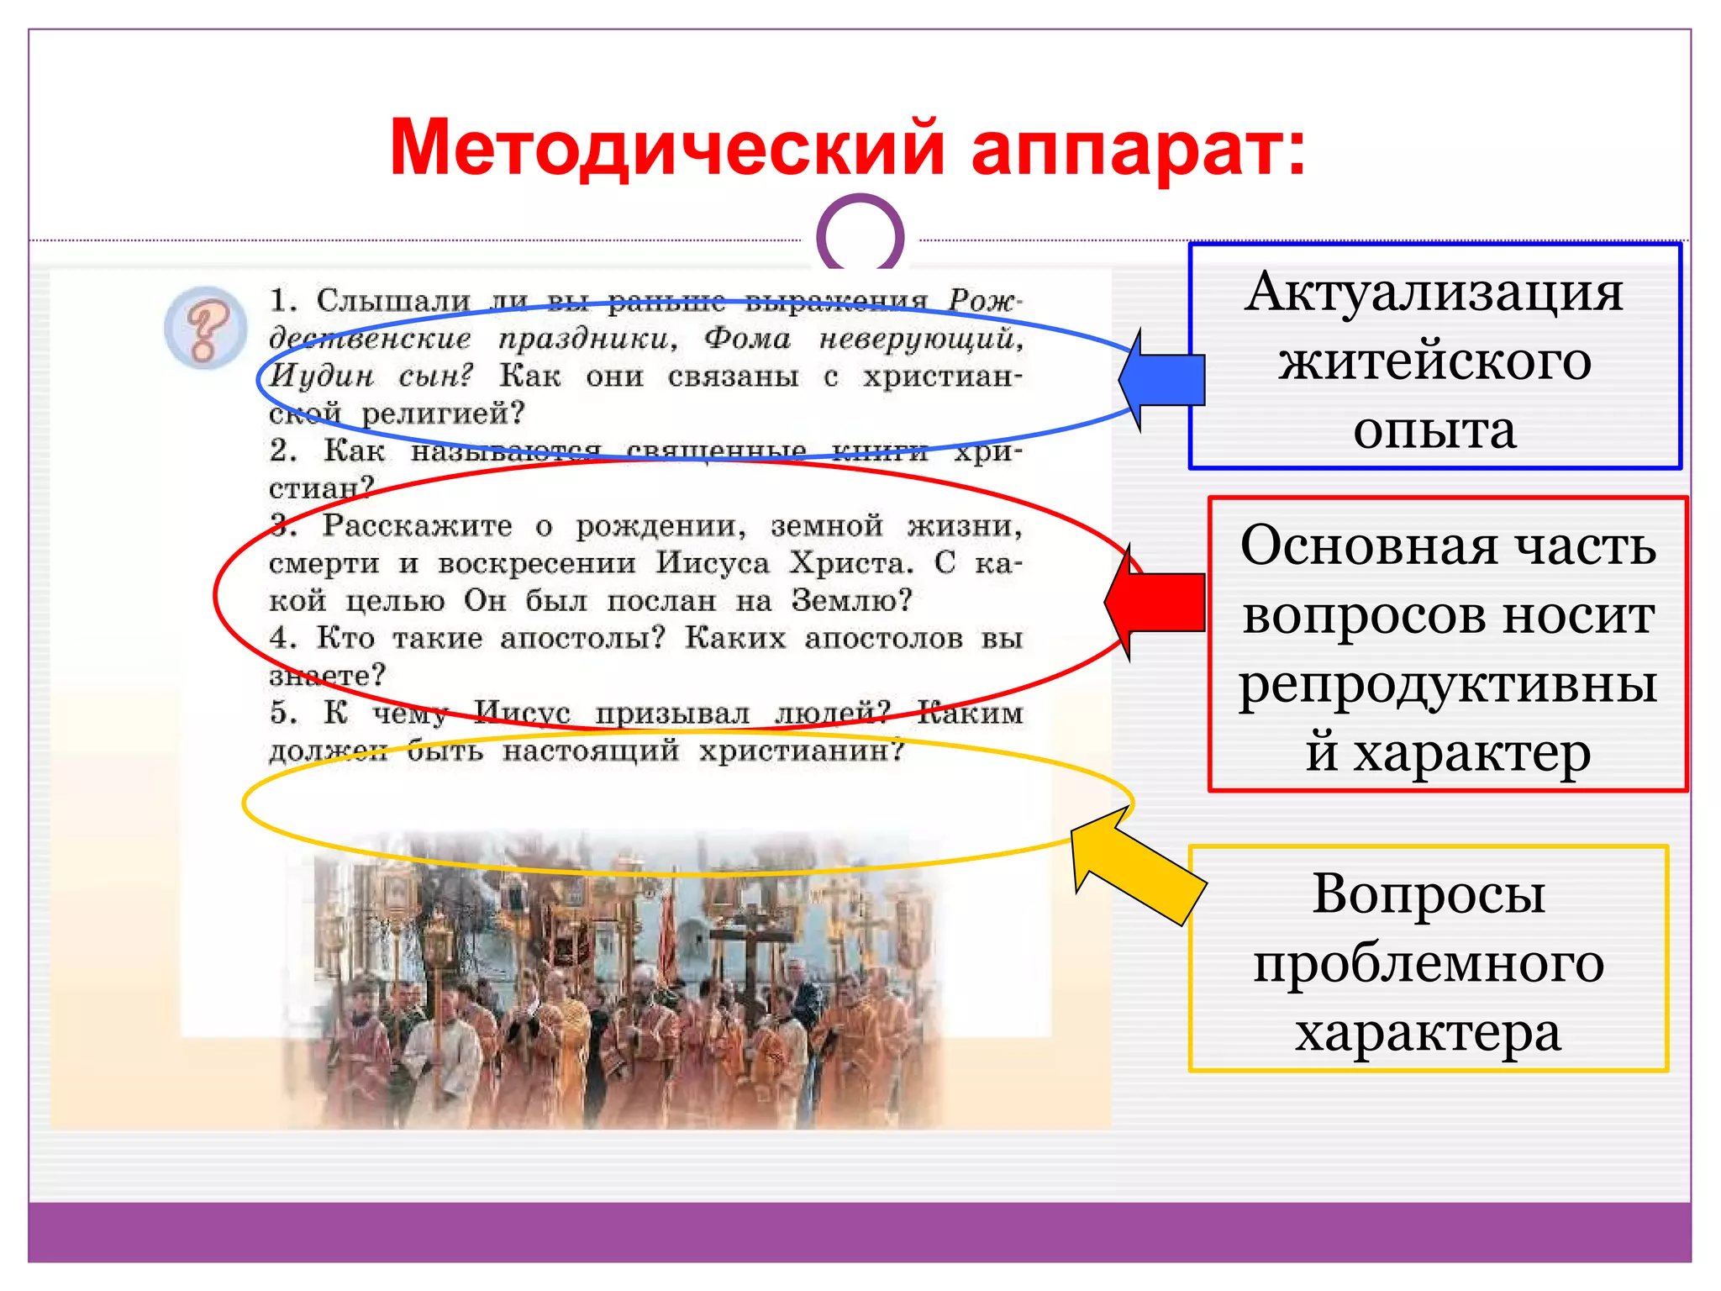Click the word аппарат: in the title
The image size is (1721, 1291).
coord(1139,149)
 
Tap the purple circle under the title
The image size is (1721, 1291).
coord(860,235)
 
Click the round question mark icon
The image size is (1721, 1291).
coord(206,328)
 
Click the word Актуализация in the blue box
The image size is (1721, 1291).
coord(1434,292)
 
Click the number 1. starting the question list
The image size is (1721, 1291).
coord(283,300)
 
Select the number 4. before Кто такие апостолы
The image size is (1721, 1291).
coord(283,638)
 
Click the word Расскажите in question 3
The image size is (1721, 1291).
coord(418,526)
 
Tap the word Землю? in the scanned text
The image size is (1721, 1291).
coord(850,601)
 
